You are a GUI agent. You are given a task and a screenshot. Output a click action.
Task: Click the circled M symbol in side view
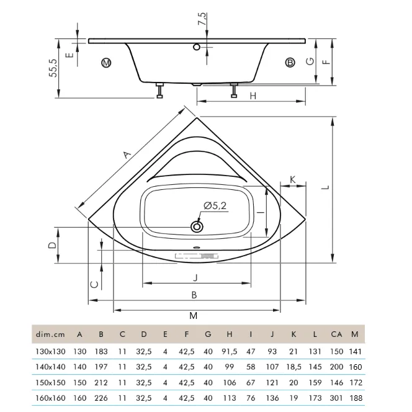(106, 63)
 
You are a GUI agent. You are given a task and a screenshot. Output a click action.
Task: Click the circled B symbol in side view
(290, 63)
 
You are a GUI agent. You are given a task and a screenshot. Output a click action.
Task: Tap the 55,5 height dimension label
(53, 68)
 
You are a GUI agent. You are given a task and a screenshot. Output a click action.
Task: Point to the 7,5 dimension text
(202, 19)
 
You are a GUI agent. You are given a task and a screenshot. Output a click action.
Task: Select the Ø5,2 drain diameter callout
(215, 205)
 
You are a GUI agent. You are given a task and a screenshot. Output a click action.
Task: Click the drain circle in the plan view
(197, 226)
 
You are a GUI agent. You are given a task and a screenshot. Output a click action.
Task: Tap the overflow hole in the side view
(197, 47)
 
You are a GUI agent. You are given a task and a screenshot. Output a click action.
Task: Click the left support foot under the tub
(159, 91)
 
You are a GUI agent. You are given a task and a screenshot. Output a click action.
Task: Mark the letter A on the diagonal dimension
(127, 154)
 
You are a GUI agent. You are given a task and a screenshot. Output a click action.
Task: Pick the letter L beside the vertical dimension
(326, 187)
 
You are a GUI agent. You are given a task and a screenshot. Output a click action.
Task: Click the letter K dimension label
(292, 180)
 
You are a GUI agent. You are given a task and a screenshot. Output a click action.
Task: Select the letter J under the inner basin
(195, 277)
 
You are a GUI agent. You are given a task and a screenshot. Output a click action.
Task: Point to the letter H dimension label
(253, 96)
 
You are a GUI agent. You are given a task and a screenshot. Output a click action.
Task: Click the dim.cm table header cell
(50, 334)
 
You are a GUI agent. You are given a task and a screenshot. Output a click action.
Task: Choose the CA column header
(336, 334)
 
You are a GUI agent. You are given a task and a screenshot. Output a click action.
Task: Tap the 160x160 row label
(50, 398)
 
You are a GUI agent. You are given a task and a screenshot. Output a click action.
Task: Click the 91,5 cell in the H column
(230, 352)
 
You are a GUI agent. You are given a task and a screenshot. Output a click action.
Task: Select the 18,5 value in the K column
(293, 367)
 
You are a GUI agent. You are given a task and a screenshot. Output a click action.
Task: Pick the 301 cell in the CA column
(336, 398)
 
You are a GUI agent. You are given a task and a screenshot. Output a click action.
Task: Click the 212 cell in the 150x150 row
(101, 383)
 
